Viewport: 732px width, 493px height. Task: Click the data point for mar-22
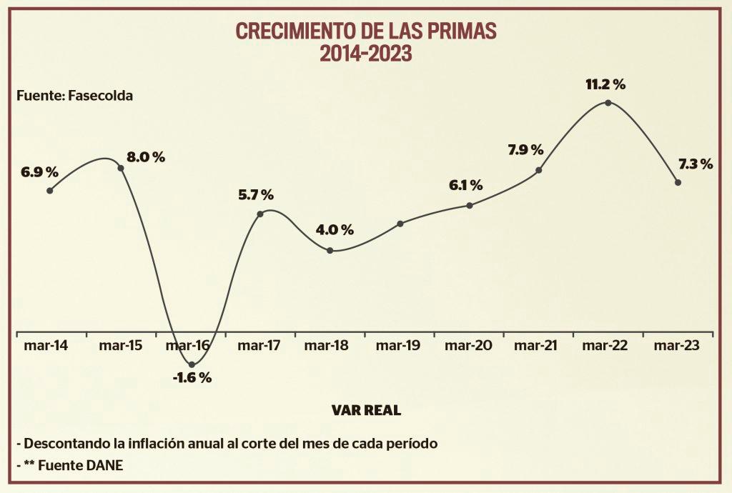pyautogui.click(x=608, y=103)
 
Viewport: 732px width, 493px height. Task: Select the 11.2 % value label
pyautogui.click(x=605, y=84)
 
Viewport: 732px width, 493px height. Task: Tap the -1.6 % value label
pyautogui.click(x=192, y=378)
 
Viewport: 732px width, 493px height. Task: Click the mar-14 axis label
pyautogui.click(x=46, y=346)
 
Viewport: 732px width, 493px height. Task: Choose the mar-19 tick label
pyautogui.click(x=399, y=346)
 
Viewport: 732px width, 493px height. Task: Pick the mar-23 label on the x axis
pyautogui.click(x=677, y=346)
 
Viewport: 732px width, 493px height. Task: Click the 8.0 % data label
pyautogui.click(x=146, y=157)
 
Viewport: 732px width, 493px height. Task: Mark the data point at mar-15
pyautogui.click(x=121, y=169)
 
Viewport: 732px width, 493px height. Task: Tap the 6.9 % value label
pyautogui.click(x=40, y=172)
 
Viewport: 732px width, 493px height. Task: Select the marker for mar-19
pyautogui.click(x=400, y=224)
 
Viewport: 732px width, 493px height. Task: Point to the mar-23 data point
pyautogui.click(x=678, y=182)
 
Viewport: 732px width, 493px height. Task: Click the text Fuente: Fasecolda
pyautogui.click(x=74, y=95)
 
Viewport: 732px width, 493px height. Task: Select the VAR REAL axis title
pyautogui.click(x=366, y=410)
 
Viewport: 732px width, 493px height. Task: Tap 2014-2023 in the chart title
pyautogui.click(x=366, y=54)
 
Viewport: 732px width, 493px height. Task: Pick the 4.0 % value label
pyautogui.click(x=335, y=230)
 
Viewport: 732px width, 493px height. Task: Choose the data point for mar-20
pyautogui.click(x=470, y=206)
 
